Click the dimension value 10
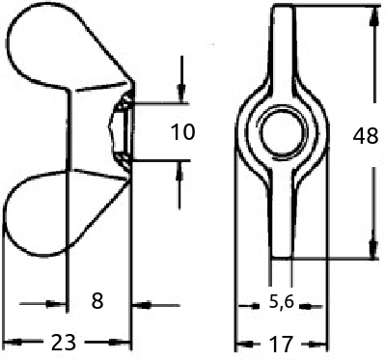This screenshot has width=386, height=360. (182, 132)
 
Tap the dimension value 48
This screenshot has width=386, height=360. (366, 135)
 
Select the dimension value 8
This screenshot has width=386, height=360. (97, 301)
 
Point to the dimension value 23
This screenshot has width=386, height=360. (64, 342)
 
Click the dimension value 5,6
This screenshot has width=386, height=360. (282, 302)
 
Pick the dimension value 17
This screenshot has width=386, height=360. (281, 344)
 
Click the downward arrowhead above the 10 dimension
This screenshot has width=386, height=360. (181, 92)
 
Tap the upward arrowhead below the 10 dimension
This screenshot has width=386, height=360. (179, 172)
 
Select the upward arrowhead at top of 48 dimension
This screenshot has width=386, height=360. (373, 16)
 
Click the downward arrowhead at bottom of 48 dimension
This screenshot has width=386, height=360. (373, 250)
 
